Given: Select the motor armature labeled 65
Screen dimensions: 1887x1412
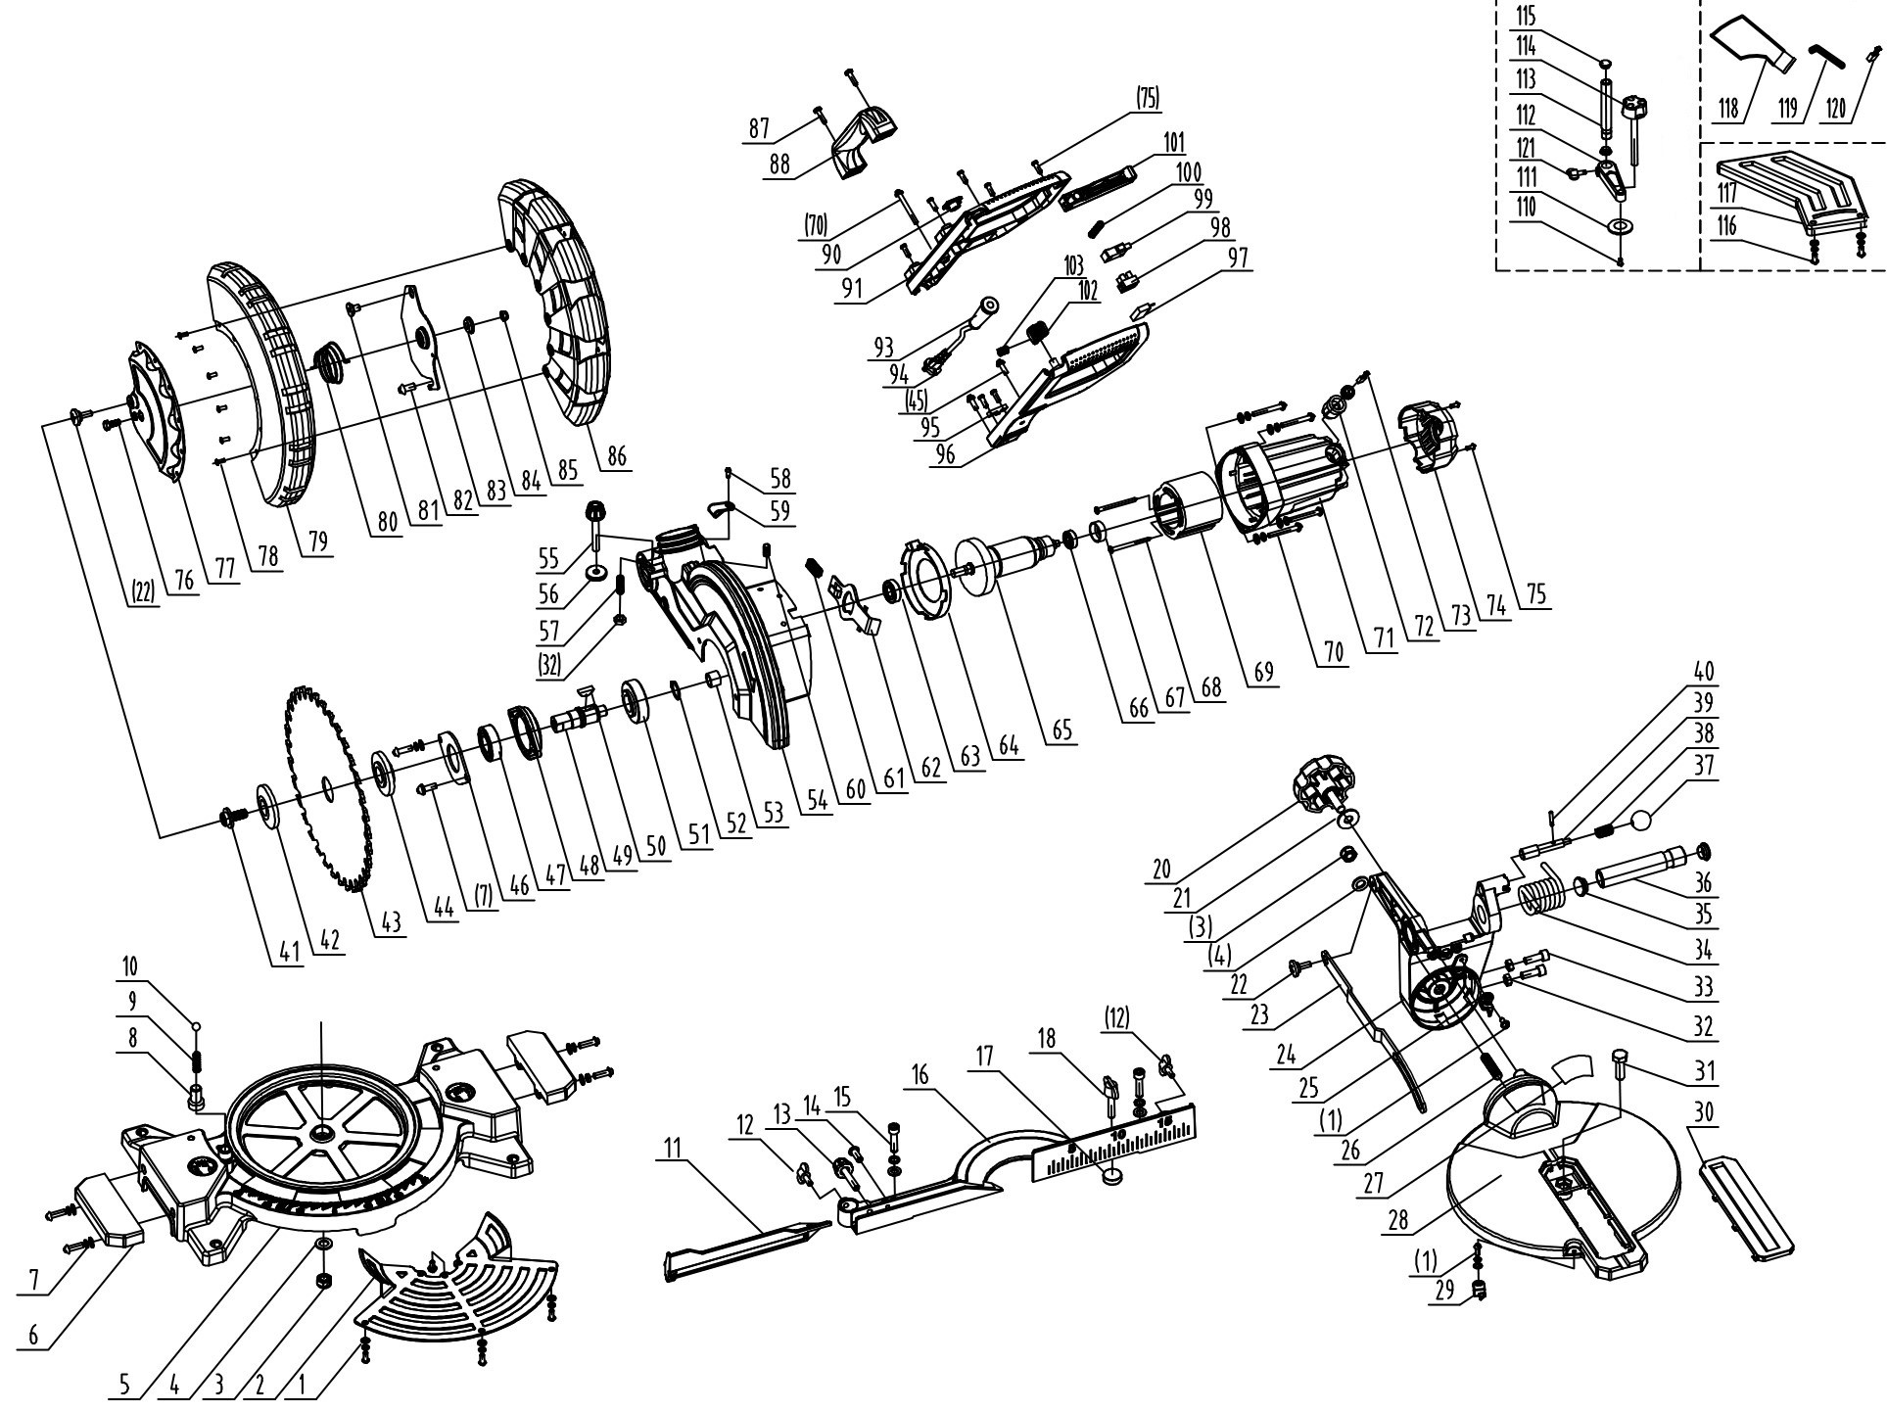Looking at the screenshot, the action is [x=1009, y=564].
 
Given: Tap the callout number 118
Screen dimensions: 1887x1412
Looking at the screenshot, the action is [x=1730, y=108].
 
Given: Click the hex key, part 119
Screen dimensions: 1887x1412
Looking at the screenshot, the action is [x=1822, y=54].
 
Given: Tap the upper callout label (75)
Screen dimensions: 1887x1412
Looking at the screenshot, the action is [x=1148, y=98].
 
